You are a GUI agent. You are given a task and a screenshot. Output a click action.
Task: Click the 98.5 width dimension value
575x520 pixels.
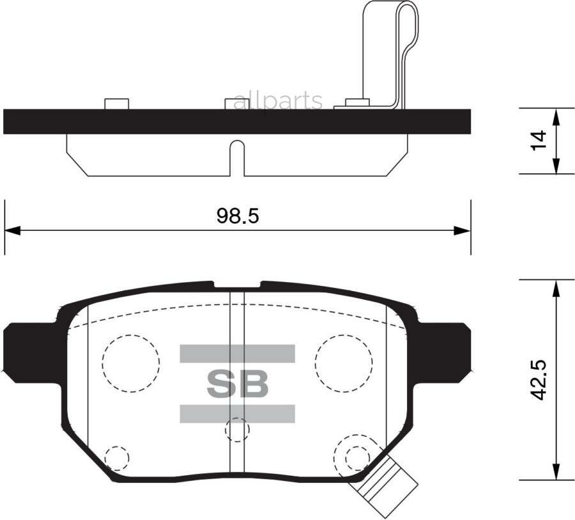237,216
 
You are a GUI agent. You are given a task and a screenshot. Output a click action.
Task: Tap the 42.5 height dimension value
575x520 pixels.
540,382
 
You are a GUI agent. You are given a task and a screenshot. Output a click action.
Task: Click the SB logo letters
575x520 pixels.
237,384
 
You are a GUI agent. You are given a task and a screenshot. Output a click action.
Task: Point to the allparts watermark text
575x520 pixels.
278,100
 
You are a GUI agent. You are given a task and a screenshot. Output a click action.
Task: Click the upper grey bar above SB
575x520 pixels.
237,354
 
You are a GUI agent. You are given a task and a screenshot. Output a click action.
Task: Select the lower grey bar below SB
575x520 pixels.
237,413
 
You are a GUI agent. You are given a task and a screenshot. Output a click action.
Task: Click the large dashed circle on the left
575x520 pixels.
130,363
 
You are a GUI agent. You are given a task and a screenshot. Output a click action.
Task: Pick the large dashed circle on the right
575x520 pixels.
343,363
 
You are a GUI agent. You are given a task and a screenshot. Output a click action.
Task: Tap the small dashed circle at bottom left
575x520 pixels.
116,457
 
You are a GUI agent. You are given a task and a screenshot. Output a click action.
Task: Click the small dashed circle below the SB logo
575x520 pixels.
237,430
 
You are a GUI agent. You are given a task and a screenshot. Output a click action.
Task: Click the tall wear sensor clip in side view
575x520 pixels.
390,51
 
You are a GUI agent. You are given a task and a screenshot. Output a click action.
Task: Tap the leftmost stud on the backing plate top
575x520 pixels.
116,104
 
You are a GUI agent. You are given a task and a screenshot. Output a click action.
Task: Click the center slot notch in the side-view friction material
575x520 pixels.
237,157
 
